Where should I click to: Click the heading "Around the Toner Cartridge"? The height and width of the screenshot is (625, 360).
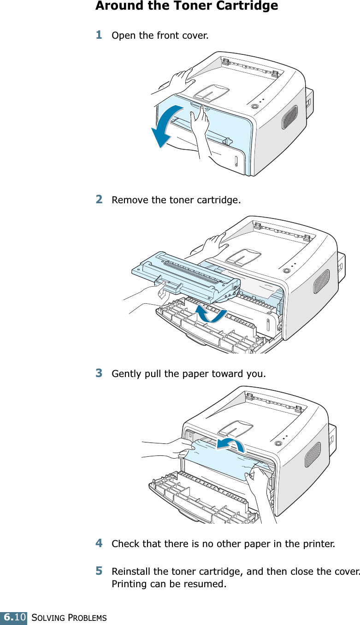[x=186, y=6]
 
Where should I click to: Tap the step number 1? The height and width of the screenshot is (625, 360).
[x=99, y=35]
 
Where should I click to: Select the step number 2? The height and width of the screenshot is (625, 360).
[x=99, y=200]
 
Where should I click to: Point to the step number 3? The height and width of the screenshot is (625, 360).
[x=99, y=372]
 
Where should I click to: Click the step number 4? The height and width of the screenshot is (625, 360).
[x=99, y=543]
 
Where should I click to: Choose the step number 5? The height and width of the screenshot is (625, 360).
[x=99, y=571]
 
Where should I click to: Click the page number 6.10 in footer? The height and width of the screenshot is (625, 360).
[x=14, y=617]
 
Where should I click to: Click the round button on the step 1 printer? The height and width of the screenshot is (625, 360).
[x=254, y=106]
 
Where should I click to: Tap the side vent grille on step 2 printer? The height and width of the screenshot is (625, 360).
[x=321, y=281]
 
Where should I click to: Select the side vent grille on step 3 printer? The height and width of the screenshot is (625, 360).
[x=313, y=454]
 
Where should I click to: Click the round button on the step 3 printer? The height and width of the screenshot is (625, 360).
[x=277, y=443]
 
